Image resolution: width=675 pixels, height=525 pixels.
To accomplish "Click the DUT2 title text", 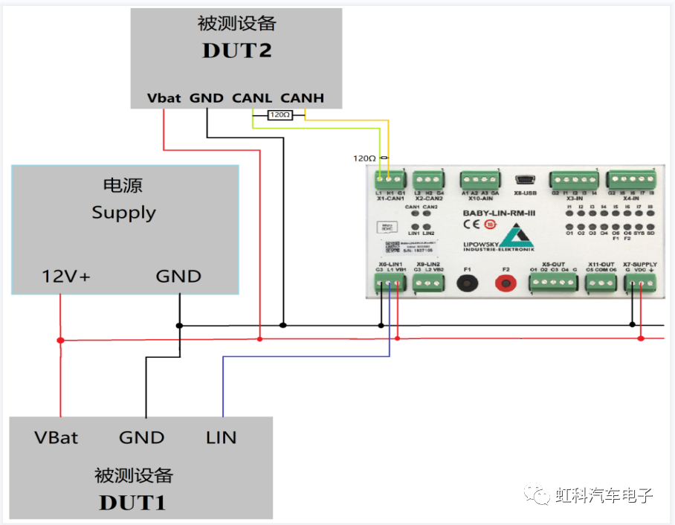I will pos(236,50).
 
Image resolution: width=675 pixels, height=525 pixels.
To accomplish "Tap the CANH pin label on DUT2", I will pos(302,97).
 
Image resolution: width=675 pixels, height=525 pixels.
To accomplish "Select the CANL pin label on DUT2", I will pos(252,97).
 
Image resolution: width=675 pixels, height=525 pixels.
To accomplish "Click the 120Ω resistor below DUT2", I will pos(280,115).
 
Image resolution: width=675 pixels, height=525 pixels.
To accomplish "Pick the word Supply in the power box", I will pos(123,213).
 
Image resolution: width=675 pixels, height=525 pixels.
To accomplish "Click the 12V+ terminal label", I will pos(65,277).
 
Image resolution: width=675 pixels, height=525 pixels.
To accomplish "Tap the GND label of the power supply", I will pos(178,277).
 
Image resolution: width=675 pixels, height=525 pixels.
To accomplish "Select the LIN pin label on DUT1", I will pos(221,437).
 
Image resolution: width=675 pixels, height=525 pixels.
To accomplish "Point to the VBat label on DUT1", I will pos(56,437).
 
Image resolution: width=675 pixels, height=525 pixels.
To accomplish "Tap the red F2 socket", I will pos(506,283).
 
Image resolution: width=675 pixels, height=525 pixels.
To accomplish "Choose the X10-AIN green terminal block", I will pos(479,181).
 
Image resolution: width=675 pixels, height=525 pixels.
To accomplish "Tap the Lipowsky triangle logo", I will pos(515,237).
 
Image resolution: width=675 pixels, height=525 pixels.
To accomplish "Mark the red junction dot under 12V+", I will pos(61,340).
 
